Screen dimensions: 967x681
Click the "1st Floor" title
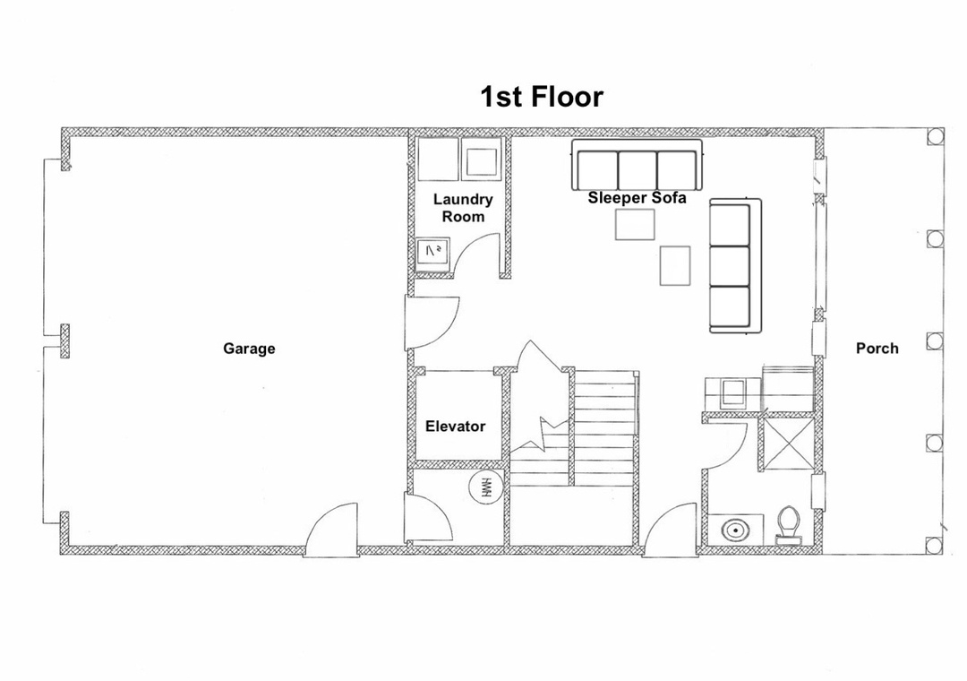[542, 97]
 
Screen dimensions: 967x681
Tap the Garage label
[249, 349]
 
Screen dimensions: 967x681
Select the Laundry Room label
[463, 208]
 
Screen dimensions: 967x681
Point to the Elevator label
[455, 426]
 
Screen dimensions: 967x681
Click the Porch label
[877, 349]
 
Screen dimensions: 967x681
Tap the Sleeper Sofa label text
[637, 198]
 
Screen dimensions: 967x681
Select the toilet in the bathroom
[788, 525]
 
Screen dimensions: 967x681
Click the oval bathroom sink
[732, 530]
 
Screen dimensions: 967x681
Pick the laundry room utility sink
[432, 254]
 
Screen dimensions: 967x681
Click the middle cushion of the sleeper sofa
[637, 169]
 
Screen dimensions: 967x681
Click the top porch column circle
[936, 136]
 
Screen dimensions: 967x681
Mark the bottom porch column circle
[936, 545]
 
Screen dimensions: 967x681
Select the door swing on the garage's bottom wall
[329, 530]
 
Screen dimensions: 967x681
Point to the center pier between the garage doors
[64, 340]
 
